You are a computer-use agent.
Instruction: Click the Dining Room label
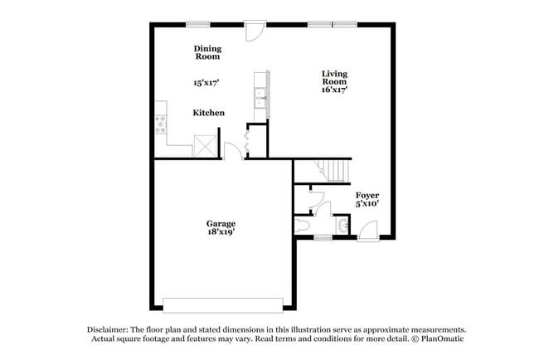207,52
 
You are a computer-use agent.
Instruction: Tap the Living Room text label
334,77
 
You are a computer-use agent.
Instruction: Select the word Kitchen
208,113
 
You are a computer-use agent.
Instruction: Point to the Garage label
221,223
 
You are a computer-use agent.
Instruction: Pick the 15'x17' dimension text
207,83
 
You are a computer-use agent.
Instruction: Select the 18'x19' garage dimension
221,232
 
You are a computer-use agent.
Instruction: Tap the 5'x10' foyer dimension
367,204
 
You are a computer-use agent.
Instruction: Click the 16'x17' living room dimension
334,90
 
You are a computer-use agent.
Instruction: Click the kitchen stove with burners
161,125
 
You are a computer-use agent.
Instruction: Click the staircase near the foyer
336,171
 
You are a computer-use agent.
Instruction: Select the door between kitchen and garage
234,151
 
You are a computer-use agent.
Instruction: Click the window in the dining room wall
197,24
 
